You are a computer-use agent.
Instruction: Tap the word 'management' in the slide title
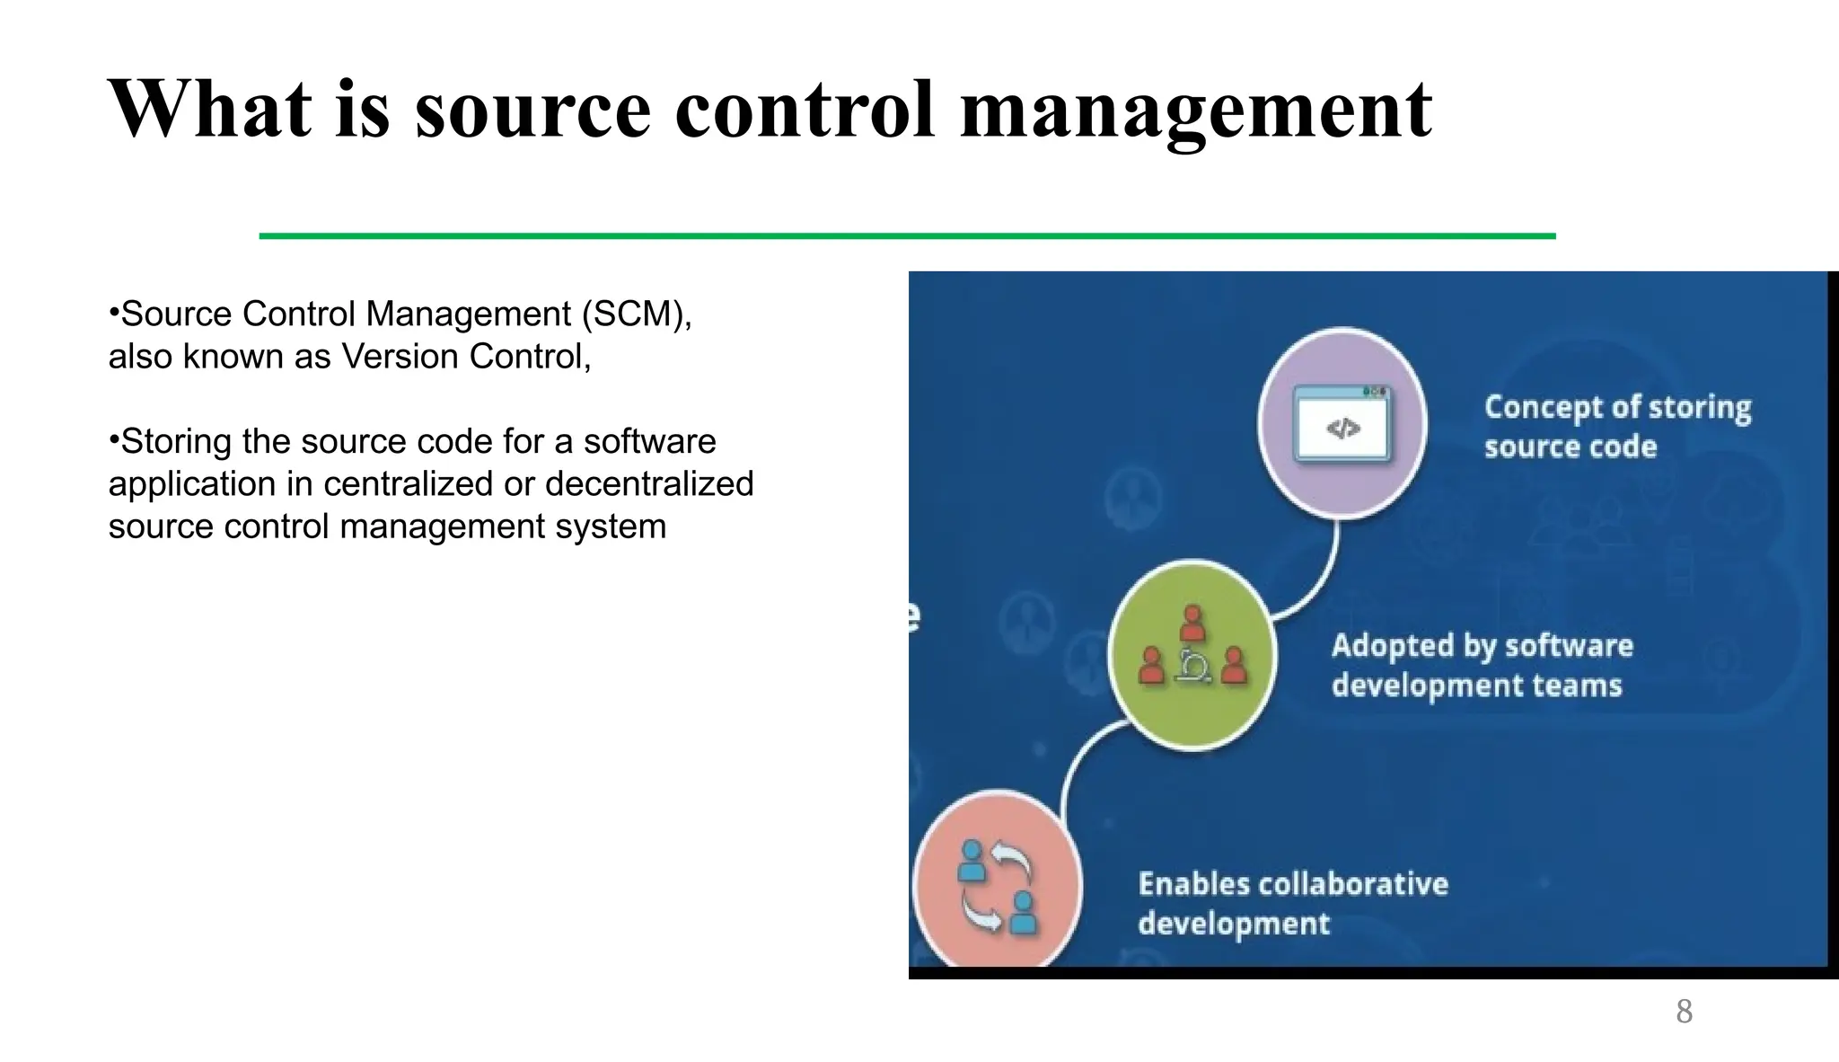coord(1195,110)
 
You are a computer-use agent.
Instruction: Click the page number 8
coord(1684,1012)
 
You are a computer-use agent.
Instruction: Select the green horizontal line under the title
coord(907,236)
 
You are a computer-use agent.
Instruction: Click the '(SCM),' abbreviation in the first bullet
coord(637,314)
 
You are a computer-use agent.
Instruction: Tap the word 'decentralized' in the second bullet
coord(648,484)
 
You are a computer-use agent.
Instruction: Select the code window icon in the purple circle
coord(1342,424)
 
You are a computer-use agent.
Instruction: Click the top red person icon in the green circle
coord(1192,623)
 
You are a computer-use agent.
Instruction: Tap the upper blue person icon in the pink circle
coord(971,861)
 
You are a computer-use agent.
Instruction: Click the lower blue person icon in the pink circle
coord(1023,912)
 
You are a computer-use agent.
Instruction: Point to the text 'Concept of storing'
coord(1617,407)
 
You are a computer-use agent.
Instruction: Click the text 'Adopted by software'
coord(1482,646)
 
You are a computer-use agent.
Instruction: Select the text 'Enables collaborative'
coord(1293,884)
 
